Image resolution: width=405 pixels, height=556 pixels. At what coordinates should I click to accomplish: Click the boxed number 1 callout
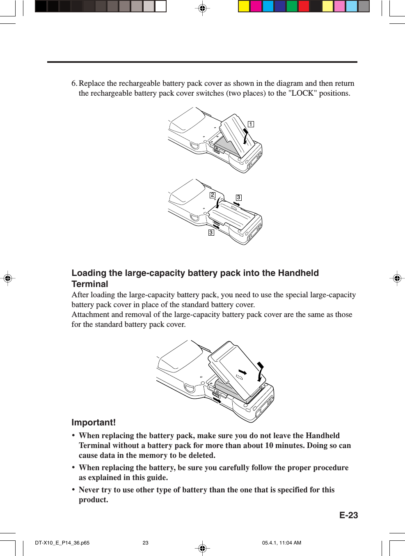(251, 124)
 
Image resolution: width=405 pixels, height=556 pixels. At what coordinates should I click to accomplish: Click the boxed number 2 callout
(212, 195)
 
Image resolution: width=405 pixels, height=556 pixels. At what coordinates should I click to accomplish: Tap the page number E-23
(348, 515)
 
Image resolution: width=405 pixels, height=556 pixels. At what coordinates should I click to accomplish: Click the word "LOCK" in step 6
(303, 93)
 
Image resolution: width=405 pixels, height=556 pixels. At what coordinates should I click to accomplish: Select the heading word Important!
(94, 423)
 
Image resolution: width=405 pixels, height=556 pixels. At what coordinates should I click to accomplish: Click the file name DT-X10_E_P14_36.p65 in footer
(62, 543)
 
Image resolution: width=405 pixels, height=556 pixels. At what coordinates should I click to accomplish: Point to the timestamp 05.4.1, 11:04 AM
(281, 543)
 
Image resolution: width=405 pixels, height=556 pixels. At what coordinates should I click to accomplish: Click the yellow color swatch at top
(244, 6)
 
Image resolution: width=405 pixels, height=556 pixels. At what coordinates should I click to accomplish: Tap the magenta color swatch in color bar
(256, 6)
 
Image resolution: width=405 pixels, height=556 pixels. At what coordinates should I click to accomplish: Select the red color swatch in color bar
(304, 6)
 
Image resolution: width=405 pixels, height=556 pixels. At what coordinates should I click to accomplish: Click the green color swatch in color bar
(292, 6)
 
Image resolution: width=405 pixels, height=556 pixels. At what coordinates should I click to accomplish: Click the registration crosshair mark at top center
(202, 8)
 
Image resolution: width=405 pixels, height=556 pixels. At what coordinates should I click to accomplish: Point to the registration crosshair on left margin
(7, 278)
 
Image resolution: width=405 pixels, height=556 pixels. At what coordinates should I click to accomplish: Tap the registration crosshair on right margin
(397, 278)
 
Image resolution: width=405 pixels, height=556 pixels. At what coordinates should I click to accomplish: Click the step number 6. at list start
(74, 83)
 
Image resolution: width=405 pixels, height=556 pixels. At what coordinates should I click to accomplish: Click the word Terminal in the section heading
(90, 284)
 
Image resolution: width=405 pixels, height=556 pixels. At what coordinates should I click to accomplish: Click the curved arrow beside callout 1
(245, 137)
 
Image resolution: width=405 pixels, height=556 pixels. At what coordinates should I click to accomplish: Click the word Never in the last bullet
(89, 490)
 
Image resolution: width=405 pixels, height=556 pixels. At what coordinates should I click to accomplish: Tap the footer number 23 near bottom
(145, 543)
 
